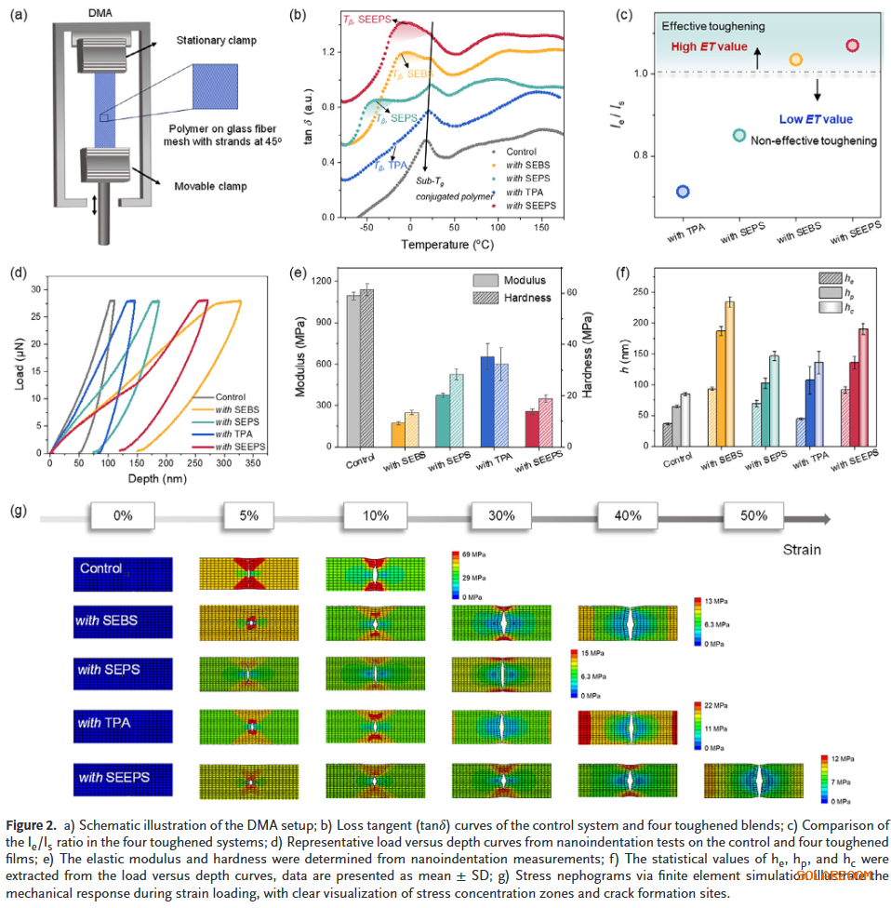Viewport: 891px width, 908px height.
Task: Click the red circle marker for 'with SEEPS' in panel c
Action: [x=852, y=46]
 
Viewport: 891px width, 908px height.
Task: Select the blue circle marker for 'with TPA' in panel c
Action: [x=683, y=192]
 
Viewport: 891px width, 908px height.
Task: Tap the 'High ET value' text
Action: [x=710, y=47]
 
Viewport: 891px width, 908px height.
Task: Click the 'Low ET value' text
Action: [x=816, y=119]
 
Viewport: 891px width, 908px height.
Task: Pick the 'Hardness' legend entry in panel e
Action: [x=528, y=298]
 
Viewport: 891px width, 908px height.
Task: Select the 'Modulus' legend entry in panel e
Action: [x=526, y=280]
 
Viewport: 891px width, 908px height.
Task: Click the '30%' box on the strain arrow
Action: [x=501, y=515]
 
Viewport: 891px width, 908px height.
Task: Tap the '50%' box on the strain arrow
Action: [x=753, y=515]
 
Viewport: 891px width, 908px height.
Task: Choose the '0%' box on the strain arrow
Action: [x=122, y=515]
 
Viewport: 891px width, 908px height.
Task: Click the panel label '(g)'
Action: [x=18, y=512]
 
